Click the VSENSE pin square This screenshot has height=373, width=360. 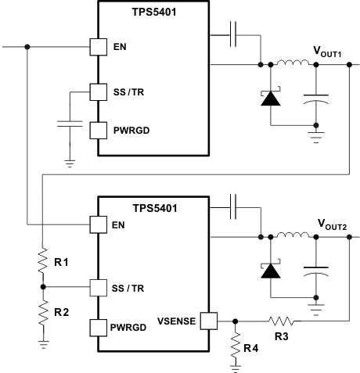tap(207, 320)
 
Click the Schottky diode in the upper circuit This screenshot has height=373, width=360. tap(271, 98)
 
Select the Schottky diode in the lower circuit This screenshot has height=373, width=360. tap(271, 270)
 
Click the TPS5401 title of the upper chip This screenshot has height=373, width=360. tap(153, 11)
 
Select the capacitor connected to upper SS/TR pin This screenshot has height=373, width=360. tap(70, 124)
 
